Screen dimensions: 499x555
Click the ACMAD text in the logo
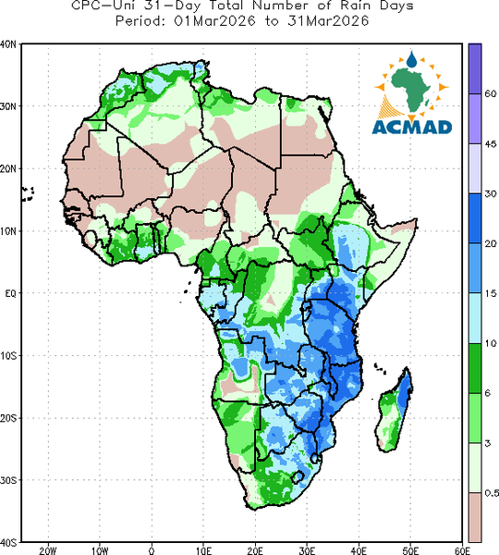412,127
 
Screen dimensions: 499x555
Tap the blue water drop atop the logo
411,60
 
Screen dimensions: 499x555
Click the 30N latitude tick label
7,106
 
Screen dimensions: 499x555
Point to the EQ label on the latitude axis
10,293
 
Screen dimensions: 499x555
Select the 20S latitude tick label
7,418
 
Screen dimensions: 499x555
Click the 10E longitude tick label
203,550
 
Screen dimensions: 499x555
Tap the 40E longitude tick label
359,550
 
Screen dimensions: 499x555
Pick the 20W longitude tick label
48,550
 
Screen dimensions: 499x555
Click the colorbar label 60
490,93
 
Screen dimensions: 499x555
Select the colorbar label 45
490,143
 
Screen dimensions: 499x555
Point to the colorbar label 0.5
492,493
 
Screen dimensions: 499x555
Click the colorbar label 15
490,293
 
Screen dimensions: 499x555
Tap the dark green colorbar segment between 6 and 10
475,368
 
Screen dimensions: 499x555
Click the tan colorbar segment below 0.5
475,517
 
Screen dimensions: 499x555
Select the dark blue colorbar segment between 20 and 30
475,218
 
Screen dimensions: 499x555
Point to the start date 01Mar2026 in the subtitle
214,21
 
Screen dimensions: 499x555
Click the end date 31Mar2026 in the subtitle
328,21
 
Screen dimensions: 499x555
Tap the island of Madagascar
395,413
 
